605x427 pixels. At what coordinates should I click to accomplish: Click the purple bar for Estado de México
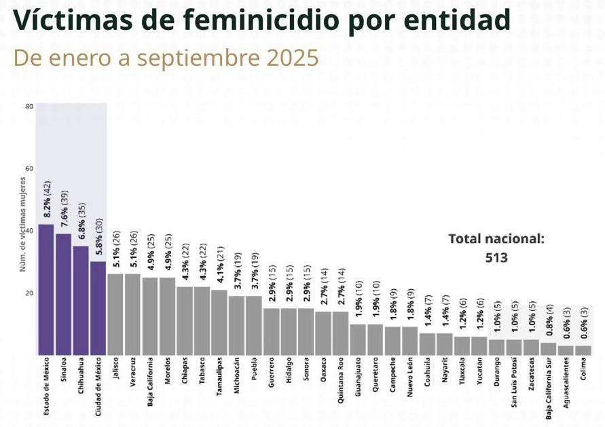point(46,289)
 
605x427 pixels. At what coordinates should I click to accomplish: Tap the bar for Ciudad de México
point(98,308)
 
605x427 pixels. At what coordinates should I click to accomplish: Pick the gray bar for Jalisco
point(115,314)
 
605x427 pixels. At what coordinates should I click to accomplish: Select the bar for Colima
point(583,350)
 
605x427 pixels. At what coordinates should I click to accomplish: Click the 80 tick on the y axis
point(29,107)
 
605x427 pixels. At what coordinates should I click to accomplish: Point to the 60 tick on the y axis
point(29,169)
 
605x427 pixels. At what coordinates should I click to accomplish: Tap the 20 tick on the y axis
point(29,293)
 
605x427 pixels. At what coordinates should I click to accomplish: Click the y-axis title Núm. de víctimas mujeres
point(22,224)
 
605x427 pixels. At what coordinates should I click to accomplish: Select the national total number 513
point(496,257)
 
